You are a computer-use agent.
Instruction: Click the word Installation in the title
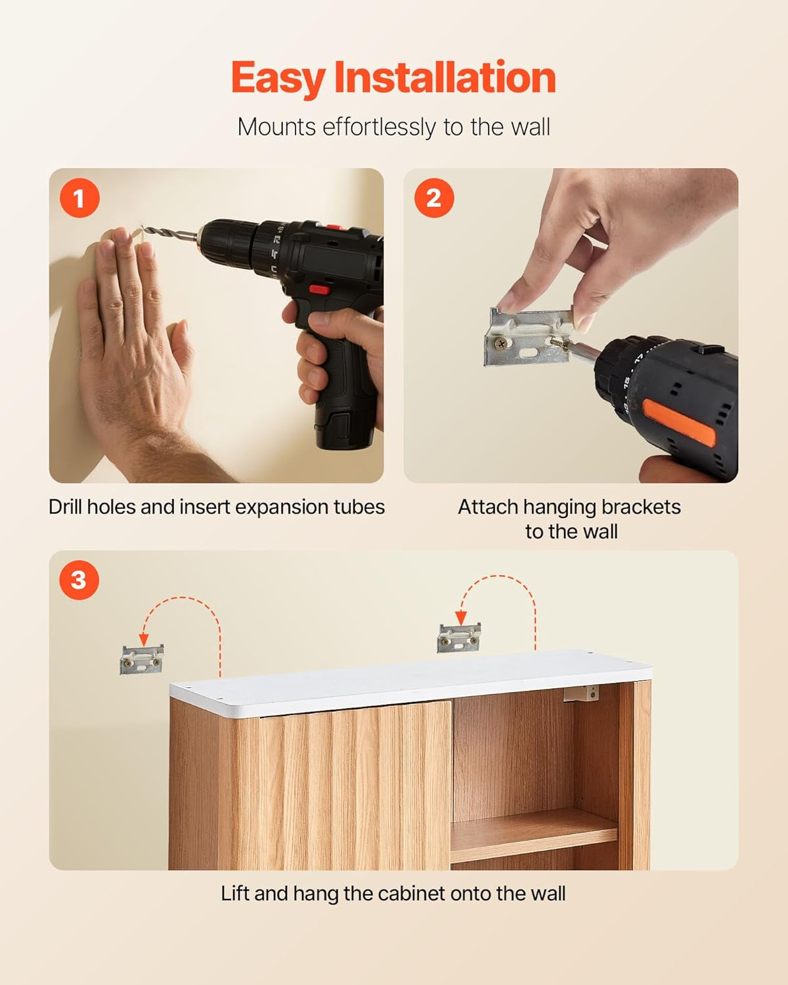(x=445, y=77)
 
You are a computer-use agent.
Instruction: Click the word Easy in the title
(x=278, y=79)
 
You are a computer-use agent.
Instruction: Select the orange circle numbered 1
(x=79, y=198)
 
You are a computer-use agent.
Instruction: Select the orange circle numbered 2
(x=434, y=198)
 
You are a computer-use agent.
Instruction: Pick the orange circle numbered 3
(x=79, y=580)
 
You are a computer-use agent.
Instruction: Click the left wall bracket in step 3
(x=141, y=660)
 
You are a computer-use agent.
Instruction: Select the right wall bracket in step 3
(x=459, y=638)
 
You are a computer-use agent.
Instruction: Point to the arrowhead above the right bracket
(x=461, y=618)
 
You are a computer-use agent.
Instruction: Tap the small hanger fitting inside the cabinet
(x=582, y=693)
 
